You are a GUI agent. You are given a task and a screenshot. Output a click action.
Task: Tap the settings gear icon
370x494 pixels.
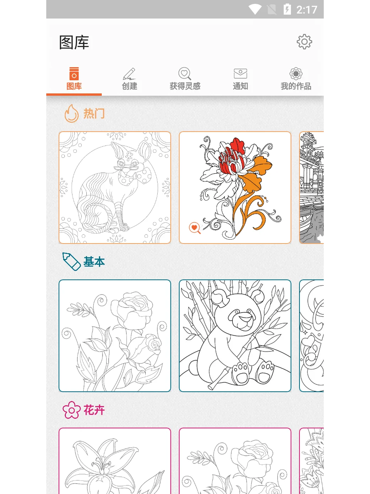304,42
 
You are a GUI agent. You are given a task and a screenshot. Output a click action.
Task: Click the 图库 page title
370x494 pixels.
74,42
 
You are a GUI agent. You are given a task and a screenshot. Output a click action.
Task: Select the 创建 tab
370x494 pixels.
129,79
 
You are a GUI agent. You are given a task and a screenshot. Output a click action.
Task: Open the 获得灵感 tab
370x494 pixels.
185,79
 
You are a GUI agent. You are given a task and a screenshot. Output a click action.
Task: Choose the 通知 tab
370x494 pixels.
240,79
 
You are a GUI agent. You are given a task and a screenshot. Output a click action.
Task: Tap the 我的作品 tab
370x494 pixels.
296,79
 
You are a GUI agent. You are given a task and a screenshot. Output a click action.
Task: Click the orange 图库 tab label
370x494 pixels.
74,86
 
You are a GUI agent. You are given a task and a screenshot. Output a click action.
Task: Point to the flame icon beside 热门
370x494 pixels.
71,113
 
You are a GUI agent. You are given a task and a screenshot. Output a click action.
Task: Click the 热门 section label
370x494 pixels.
94,113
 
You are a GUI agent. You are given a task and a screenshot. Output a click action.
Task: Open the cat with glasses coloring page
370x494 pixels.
115,188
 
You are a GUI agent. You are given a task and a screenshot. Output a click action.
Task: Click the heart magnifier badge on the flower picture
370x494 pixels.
195,228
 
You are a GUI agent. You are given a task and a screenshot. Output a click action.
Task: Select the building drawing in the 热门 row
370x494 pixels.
311,188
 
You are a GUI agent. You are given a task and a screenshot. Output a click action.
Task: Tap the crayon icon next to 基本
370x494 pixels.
71,261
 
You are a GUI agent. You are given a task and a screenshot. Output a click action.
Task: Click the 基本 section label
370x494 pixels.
94,262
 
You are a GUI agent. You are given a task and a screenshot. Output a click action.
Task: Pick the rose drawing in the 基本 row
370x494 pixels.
115,336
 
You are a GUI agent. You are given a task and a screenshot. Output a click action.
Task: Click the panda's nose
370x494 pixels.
244,317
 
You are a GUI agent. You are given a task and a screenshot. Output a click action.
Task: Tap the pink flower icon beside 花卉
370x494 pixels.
71,410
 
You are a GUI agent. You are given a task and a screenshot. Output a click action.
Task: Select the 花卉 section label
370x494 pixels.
94,410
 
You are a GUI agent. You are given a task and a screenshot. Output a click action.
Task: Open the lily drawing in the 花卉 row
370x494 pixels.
115,463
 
